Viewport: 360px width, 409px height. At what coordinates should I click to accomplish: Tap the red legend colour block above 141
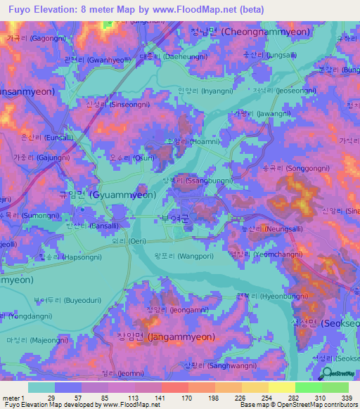pyautogui.click(x=174, y=387)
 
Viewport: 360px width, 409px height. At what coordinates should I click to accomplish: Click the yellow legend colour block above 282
pyautogui.click(x=281, y=387)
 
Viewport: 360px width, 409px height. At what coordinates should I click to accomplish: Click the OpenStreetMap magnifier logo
pyautogui.click(x=326, y=376)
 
